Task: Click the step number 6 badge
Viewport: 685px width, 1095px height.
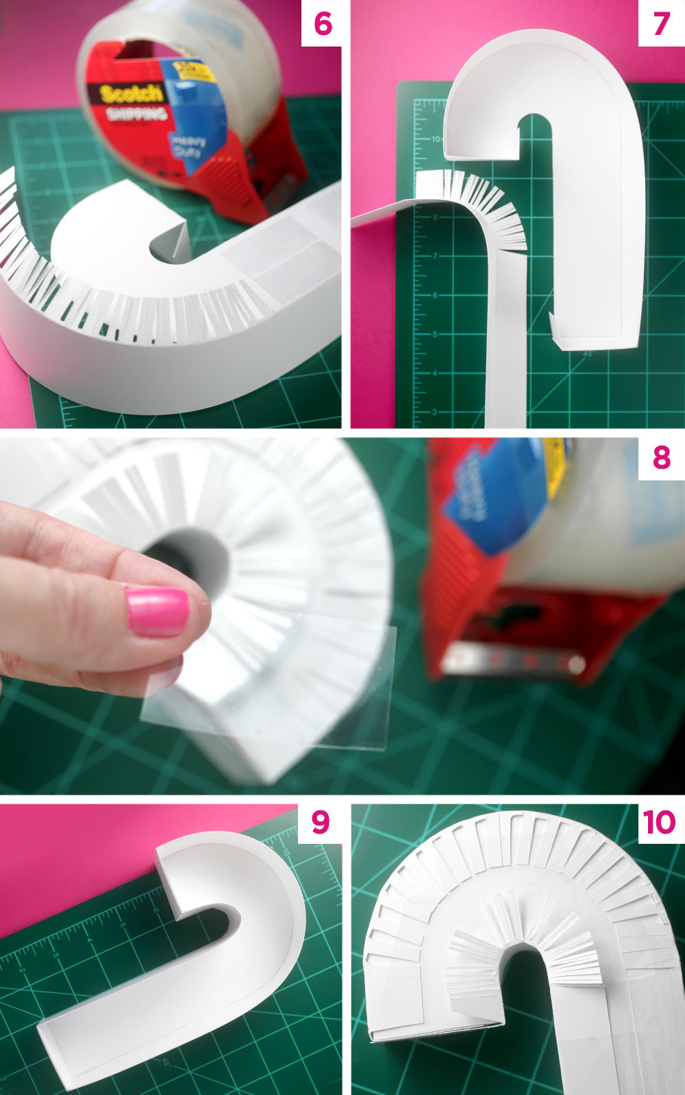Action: pos(322,24)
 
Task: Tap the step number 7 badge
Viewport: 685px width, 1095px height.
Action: pos(660,24)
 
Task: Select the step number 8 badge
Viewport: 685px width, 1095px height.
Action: pos(661,456)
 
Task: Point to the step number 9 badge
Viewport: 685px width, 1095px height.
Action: pos(320,822)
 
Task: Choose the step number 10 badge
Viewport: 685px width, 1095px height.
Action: pos(659,822)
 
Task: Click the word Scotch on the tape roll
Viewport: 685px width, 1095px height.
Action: pos(132,94)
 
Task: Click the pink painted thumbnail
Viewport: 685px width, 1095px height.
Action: pos(157,611)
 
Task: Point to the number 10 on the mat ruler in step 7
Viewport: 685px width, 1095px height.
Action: pos(436,139)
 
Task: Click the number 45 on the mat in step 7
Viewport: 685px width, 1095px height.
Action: pos(587,354)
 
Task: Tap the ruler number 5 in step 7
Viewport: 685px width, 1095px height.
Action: pos(434,335)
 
